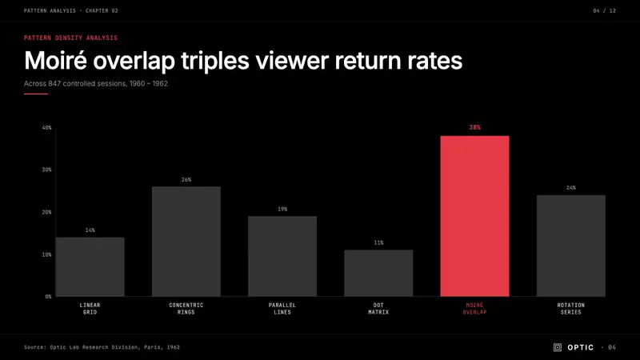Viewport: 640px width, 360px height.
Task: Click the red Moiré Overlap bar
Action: [x=474, y=216]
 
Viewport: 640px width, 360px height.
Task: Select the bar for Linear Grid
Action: [x=90, y=267]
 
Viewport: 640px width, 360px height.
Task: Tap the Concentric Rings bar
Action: [x=186, y=242]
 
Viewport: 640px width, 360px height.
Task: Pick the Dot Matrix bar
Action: [x=378, y=273]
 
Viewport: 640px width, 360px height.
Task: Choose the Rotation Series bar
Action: [x=571, y=246]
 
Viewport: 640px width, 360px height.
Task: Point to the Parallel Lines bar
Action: [x=282, y=256]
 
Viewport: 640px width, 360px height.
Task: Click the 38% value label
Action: [x=474, y=127]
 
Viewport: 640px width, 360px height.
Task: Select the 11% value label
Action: [x=378, y=243]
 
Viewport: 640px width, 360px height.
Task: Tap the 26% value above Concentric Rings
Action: [x=186, y=179]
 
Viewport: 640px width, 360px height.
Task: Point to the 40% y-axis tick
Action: [x=47, y=128]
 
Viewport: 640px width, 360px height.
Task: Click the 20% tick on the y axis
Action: [x=47, y=212]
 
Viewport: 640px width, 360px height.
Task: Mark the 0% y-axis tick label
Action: [x=48, y=297]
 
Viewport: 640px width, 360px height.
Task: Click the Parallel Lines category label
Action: [x=282, y=309]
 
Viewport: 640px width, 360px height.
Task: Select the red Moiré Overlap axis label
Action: [x=474, y=309]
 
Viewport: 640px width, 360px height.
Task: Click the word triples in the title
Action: [x=214, y=62]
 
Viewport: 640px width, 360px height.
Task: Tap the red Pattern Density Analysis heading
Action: [x=70, y=38]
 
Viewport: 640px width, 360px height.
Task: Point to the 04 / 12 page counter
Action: [x=605, y=10]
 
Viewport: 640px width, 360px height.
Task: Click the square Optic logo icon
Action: [x=558, y=347]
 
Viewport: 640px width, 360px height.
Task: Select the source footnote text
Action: [x=102, y=347]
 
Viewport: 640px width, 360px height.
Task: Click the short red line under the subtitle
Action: [x=36, y=94]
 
